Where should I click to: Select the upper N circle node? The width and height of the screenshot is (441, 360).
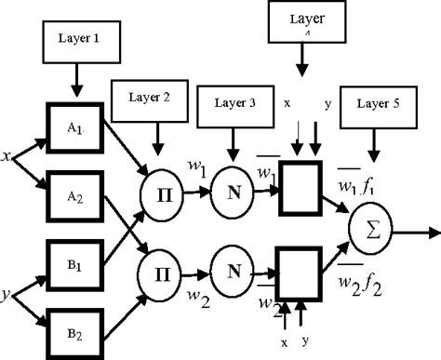click(229, 194)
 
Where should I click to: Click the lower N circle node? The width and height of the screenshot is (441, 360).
click(229, 272)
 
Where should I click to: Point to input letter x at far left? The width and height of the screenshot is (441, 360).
click(6, 157)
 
